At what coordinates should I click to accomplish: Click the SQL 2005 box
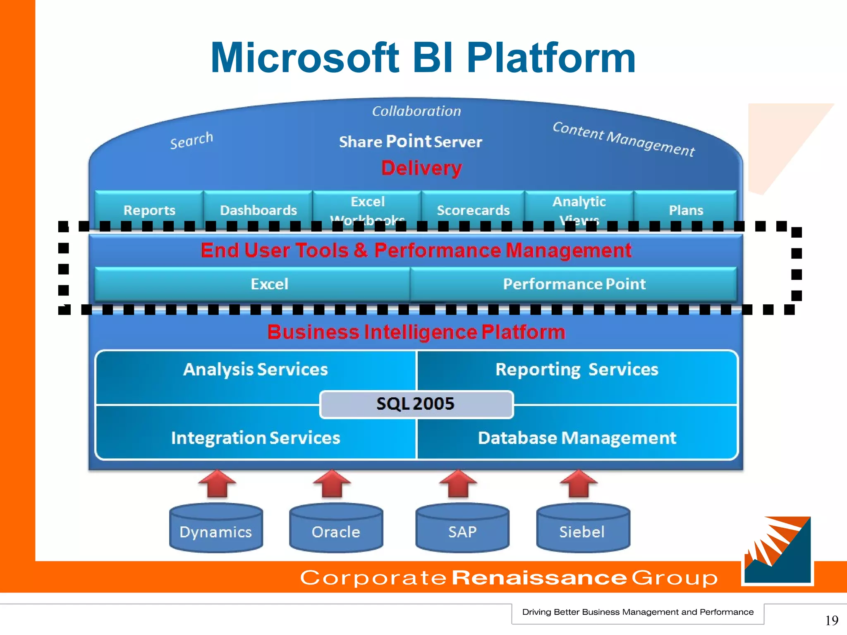point(416,404)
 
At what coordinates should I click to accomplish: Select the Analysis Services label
point(256,369)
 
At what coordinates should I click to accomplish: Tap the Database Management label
point(577,438)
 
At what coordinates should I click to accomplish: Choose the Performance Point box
point(574,284)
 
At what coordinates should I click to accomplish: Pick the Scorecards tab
point(473,210)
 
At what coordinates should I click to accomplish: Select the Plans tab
point(686,210)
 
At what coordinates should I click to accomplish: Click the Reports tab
point(149,210)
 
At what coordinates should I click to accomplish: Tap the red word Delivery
point(421,168)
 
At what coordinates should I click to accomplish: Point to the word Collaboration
point(416,111)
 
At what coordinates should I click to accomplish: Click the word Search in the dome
point(191,141)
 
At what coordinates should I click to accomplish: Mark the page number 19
point(831,620)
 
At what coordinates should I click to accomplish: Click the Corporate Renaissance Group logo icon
point(777,550)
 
